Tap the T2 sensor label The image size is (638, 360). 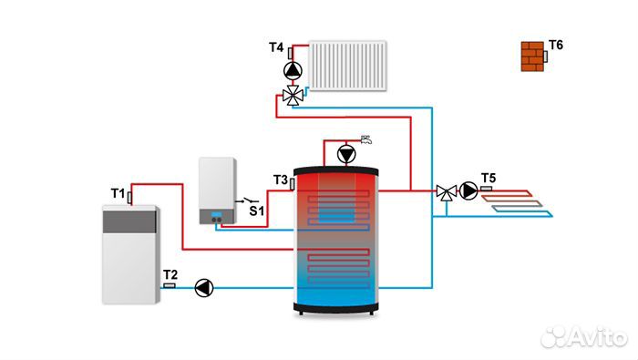coord(170,273)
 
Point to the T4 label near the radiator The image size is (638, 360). coord(276,46)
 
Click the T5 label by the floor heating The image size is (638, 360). coord(489,177)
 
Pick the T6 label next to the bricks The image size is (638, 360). coord(556,45)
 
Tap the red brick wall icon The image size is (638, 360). coord(531,56)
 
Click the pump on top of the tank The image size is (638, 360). coord(346,153)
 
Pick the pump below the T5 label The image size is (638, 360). coord(468,190)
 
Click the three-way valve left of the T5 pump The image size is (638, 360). coord(446,191)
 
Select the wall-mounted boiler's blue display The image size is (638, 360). coord(217,217)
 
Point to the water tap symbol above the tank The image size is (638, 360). coord(365,139)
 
